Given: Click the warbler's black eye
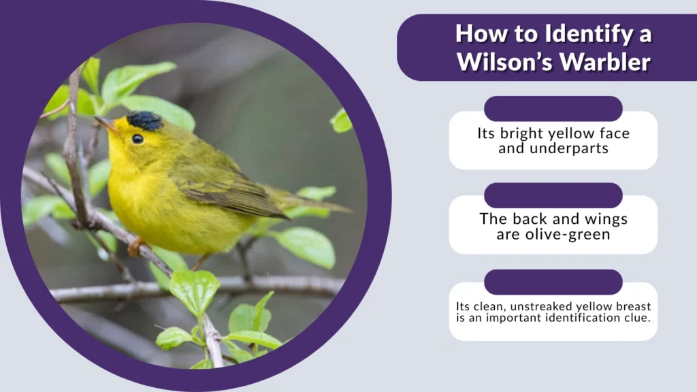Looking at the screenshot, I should click(x=137, y=139).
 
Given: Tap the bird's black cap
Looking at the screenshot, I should click(x=145, y=121).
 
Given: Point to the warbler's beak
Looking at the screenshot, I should click(x=103, y=122).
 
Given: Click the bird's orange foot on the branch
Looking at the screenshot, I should click(x=135, y=246).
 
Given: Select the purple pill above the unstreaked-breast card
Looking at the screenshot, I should click(x=553, y=282).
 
